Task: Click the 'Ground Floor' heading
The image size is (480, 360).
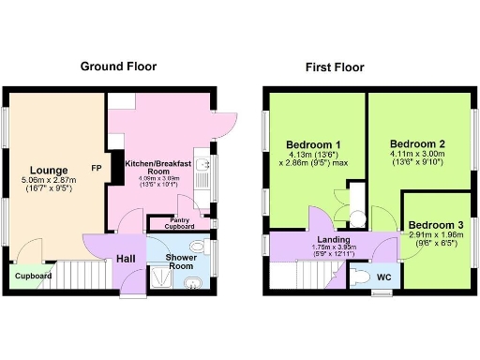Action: [117, 67]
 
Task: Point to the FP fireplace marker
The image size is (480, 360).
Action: [97, 169]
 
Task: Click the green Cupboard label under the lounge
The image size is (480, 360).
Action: [33, 277]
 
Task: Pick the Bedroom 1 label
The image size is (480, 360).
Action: [313, 144]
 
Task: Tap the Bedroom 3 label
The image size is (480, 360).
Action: [434, 226]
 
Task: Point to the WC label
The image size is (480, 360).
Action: [383, 278]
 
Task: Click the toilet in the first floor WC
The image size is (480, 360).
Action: [361, 277]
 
